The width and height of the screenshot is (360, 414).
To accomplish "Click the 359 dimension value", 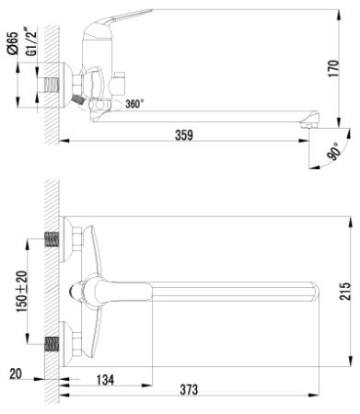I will (x=183, y=136).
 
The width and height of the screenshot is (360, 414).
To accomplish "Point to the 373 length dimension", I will (x=188, y=390).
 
